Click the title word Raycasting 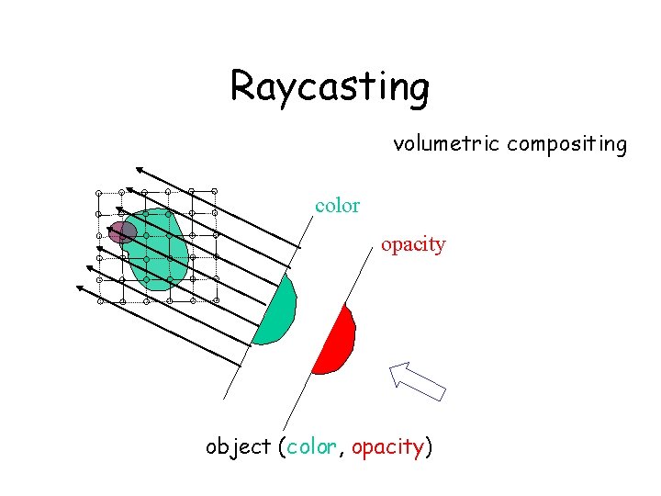[x=330, y=87]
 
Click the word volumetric [x=446, y=144]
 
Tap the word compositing [x=566, y=145]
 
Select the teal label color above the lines [x=337, y=207]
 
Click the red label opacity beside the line [x=413, y=245]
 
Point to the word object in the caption [x=238, y=447]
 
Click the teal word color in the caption [x=311, y=447]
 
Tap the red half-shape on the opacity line [x=336, y=343]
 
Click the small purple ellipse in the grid [x=122, y=231]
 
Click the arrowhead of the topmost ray [x=137, y=169]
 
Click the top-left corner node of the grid [x=98, y=193]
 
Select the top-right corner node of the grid [x=215, y=191]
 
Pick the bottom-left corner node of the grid [x=101, y=300]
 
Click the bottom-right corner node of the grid [x=217, y=299]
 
